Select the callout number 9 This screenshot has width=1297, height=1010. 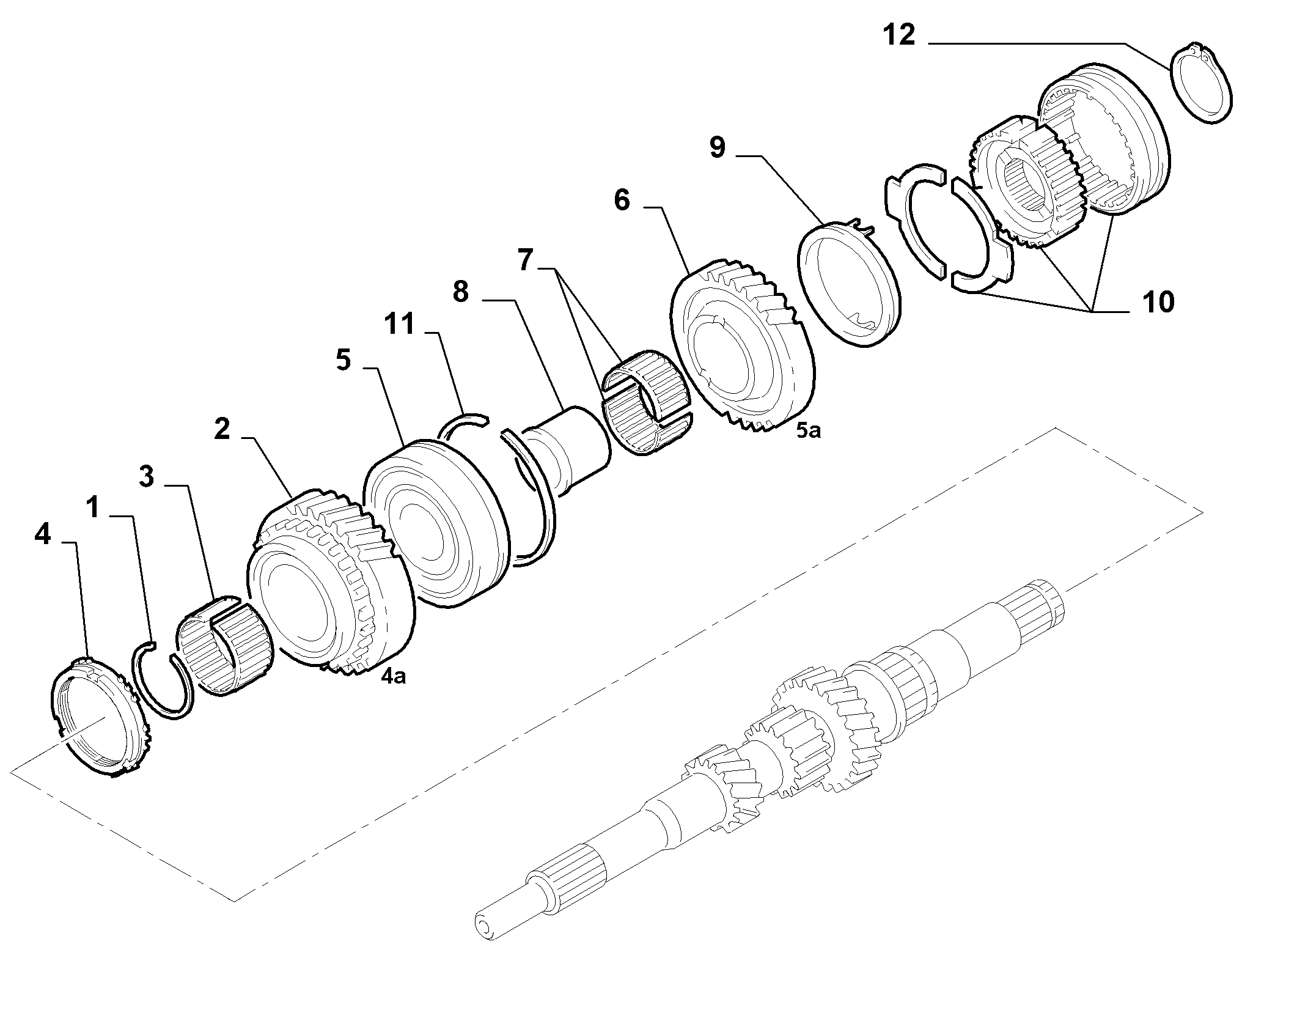coord(717,147)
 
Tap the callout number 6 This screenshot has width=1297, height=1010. coord(622,200)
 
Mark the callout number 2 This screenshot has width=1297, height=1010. coord(222,429)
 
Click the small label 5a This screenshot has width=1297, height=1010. coord(808,430)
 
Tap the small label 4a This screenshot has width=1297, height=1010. coord(394,676)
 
